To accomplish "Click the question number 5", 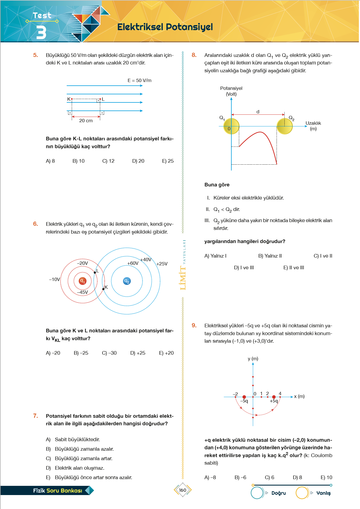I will point(35,55).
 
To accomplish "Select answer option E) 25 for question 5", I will point(168,161).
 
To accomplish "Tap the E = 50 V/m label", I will point(140,80).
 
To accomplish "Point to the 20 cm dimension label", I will point(86,121).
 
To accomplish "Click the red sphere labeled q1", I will point(82,281).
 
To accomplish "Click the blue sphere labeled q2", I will point(127,281).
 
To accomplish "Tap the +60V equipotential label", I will point(133,263).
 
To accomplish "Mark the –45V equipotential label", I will point(83,292).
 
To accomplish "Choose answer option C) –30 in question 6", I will point(109,353).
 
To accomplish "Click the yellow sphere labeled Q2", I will point(285,126).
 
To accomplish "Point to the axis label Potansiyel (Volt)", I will point(231,91).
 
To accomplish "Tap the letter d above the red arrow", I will point(258,112).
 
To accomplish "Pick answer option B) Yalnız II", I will point(270,256).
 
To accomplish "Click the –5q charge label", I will point(244,401).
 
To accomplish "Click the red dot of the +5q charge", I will point(274,397).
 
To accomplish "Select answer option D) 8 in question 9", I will point(297,477).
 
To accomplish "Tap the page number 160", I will point(183,490).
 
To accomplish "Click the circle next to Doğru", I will point(257,493).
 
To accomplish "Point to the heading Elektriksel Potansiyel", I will point(165,27).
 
